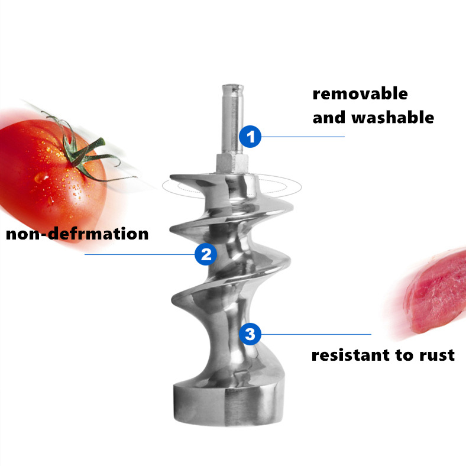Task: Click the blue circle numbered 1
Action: point(250,137)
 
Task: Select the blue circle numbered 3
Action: point(250,334)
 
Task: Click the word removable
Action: point(360,93)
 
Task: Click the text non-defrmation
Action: point(77,234)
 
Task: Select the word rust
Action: point(436,355)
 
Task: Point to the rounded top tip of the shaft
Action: point(232,88)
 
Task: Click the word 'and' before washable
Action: point(329,117)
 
